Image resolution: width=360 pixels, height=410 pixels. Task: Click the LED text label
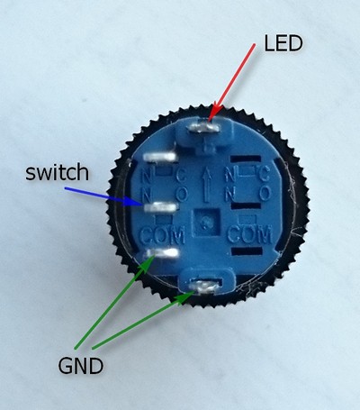click(x=283, y=43)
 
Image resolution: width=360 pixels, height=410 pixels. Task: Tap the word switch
click(x=57, y=172)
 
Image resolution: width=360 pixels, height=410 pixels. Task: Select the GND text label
click(x=81, y=366)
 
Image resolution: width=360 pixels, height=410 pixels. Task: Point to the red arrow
click(x=231, y=83)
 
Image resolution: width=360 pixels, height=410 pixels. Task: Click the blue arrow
click(x=103, y=196)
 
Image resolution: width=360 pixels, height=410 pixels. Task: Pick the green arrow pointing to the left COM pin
click(x=114, y=302)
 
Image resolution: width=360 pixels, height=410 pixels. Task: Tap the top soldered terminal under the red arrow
click(x=203, y=129)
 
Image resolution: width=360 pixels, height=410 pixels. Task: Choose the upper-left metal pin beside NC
click(x=159, y=156)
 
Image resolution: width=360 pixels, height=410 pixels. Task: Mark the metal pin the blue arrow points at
click(x=161, y=207)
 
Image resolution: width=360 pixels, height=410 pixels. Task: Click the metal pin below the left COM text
click(x=163, y=253)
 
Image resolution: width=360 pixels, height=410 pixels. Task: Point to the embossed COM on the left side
click(x=162, y=235)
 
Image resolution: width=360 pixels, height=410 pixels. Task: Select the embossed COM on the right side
click(x=249, y=234)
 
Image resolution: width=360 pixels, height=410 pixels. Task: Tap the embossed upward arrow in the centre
click(x=206, y=185)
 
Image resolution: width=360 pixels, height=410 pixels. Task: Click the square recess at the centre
click(x=206, y=223)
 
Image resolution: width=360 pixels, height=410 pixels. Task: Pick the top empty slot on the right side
click(x=246, y=159)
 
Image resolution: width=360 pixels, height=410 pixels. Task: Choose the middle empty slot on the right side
click(x=246, y=205)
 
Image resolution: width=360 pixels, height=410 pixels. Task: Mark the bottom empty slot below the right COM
click(x=247, y=251)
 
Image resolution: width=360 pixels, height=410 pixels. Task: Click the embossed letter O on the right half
click(x=265, y=194)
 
